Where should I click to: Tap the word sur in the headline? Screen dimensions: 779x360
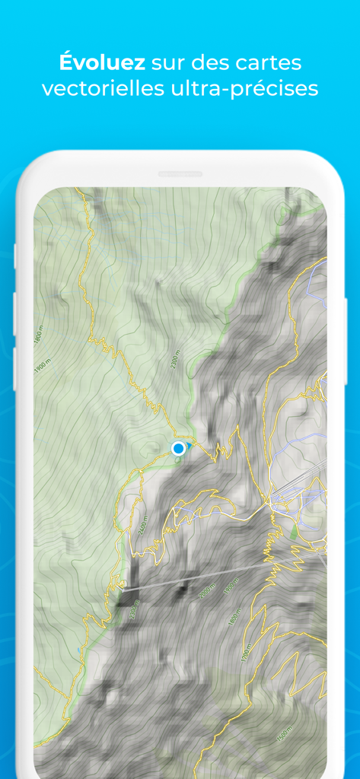[x=169, y=62]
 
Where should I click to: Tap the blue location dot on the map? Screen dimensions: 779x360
[x=179, y=449]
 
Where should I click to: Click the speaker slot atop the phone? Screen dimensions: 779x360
[x=180, y=174]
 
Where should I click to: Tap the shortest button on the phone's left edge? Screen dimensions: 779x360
[x=15, y=256]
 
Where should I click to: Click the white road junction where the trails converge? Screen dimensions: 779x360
[x=269, y=503]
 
